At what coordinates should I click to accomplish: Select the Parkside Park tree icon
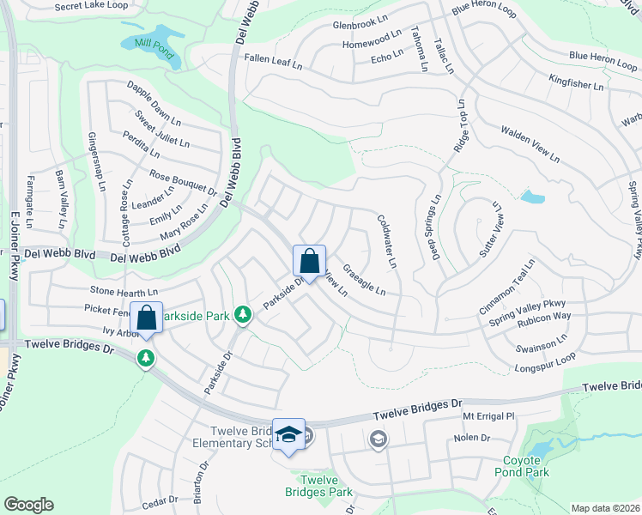point(244,316)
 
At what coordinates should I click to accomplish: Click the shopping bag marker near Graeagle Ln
point(309,261)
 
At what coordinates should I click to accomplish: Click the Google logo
point(28,505)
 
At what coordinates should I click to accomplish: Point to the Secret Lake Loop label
point(89,7)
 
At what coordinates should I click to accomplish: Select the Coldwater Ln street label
point(387,240)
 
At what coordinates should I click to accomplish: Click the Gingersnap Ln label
point(95,162)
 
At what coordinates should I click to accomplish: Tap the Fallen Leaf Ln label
point(274,65)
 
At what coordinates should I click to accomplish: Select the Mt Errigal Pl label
point(487,416)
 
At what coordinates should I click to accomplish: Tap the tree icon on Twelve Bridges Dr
point(147,357)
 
